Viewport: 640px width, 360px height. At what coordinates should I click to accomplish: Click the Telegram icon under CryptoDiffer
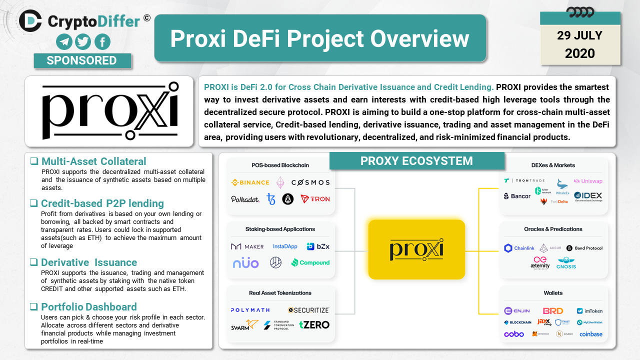64,41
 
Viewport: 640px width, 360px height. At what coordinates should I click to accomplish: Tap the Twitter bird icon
83,41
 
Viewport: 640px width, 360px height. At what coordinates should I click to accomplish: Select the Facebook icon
102,41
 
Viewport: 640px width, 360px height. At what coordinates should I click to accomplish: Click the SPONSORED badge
82,60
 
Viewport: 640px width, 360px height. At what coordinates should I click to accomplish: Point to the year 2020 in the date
580,53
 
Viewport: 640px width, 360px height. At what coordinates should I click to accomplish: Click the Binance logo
250,182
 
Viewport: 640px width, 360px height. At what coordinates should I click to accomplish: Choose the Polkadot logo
245,199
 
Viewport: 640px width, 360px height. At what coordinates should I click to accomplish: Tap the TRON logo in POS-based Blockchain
315,199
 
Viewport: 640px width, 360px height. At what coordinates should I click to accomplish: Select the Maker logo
247,246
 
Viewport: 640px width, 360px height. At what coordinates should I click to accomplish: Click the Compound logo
310,262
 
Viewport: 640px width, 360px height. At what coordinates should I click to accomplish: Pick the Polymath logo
250,310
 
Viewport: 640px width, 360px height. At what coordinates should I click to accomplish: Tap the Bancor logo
517,196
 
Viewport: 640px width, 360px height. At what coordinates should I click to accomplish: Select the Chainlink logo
519,248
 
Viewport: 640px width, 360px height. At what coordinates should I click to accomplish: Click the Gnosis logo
566,262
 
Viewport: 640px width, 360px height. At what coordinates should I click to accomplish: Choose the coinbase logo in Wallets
591,334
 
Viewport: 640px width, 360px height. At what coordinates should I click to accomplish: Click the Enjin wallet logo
517,311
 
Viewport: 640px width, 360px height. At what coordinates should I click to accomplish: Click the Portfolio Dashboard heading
88,307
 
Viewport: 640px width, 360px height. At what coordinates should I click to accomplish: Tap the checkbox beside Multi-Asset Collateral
34,161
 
